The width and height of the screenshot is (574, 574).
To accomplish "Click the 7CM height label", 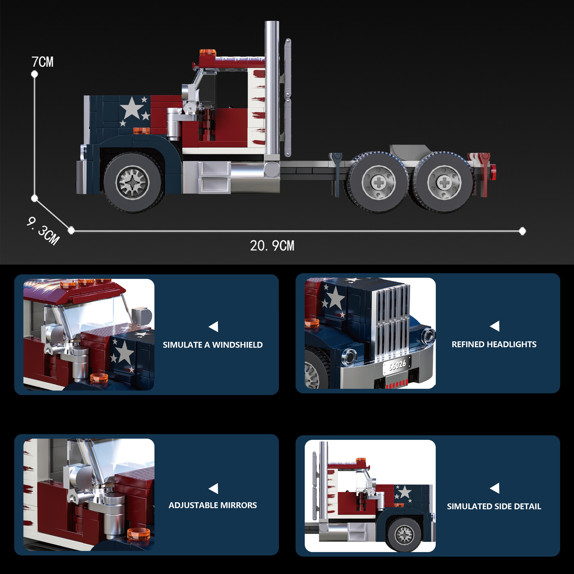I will click(42, 62).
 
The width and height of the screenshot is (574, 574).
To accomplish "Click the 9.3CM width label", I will click(43, 231).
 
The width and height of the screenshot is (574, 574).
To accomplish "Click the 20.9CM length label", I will click(272, 246).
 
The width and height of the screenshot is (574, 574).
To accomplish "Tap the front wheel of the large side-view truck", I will click(133, 182).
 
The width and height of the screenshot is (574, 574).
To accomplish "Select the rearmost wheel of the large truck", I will click(444, 182).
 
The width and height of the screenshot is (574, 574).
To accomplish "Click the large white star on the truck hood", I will click(132, 108).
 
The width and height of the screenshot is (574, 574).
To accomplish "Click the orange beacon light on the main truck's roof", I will click(208, 52).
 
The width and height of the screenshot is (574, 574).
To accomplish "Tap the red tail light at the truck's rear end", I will click(493, 172).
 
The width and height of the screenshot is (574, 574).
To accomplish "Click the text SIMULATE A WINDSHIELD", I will click(213, 345).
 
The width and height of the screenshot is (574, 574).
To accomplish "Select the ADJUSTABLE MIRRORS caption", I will click(213, 505).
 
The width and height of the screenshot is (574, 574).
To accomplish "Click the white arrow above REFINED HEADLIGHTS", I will click(495, 326).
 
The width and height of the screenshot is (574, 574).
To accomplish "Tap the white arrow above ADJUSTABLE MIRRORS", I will click(214, 488).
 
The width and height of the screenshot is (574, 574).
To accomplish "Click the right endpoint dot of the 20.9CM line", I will click(522, 231).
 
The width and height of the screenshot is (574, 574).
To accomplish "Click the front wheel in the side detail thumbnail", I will click(404, 534).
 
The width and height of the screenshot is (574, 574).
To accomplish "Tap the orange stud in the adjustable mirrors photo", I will click(138, 534).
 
